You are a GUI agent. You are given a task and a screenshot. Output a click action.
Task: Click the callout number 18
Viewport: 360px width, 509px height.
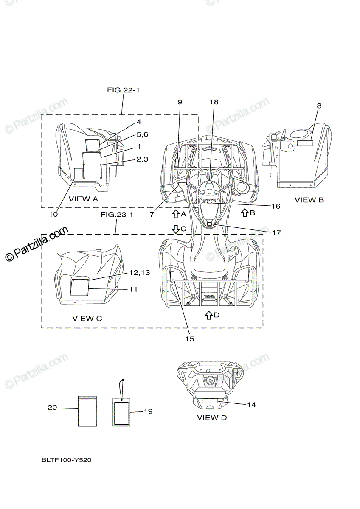[x=214, y=102]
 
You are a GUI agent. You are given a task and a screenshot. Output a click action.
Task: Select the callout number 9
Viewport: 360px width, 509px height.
[x=180, y=102]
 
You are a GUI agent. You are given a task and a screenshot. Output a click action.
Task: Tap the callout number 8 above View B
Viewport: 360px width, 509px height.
[x=319, y=106]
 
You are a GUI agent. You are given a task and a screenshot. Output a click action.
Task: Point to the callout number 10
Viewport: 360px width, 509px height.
[x=53, y=214]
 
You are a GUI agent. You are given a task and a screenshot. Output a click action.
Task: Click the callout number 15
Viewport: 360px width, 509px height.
[x=189, y=339]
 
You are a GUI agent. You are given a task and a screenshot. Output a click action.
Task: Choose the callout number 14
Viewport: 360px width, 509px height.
[x=251, y=405]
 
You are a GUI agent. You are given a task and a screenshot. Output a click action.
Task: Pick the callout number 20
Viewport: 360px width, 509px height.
[x=52, y=408]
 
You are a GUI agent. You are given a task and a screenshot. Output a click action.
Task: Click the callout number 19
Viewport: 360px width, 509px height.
[x=148, y=411]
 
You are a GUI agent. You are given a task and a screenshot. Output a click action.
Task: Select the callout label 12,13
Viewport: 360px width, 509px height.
[x=140, y=273]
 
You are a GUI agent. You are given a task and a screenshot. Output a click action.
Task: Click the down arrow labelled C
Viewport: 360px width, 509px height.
[x=176, y=229]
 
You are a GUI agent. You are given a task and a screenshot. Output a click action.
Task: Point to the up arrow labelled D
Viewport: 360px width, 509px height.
[x=208, y=315]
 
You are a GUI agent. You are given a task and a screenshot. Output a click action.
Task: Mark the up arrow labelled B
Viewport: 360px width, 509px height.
[x=245, y=213]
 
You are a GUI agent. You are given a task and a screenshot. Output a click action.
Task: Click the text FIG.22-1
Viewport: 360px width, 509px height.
[x=123, y=90]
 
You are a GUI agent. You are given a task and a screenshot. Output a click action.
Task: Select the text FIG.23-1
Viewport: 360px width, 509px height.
[x=117, y=215]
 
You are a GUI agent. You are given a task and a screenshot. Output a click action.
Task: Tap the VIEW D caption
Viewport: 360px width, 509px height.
[x=212, y=417]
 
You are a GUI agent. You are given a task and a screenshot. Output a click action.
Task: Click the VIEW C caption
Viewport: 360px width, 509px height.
[x=87, y=318]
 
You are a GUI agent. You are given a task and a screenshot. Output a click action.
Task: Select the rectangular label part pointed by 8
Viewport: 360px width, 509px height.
[x=305, y=143]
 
